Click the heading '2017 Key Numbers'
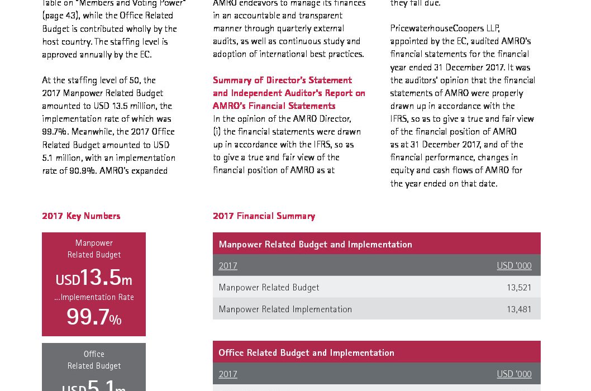point(81,216)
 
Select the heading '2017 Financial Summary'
point(264,216)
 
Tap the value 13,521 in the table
point(519,288)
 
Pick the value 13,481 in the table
point(519,309)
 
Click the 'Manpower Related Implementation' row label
point(285,309)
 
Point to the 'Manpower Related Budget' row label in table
point(269,288)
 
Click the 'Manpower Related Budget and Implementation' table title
point(315,245)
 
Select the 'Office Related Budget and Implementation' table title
point(306,353)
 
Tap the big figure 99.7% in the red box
point(93,317)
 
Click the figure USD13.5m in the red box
point(93,278)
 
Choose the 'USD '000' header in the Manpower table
point(514,266)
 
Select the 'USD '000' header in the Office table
point(514,374)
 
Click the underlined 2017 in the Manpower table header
point(228,266)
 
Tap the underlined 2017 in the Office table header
point(228,374)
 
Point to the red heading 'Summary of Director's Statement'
point(282,80)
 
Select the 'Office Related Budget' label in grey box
point(94,360)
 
